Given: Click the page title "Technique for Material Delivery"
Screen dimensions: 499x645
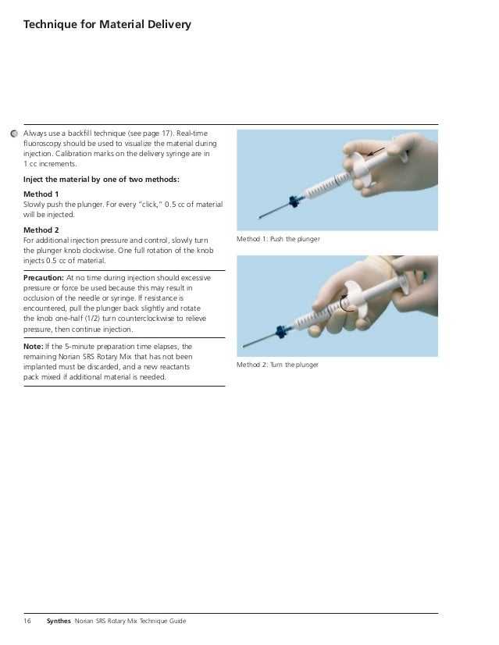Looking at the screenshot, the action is (107, 25).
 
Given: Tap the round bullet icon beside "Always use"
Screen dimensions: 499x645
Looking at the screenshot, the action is (14, 134).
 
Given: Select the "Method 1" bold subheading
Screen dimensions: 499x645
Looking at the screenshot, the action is (41, 194).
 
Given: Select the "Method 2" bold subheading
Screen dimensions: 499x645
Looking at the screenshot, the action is (41, 230).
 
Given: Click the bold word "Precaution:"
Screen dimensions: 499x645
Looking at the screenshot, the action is (44, 278).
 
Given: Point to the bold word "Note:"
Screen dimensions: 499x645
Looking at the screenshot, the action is (34, 347).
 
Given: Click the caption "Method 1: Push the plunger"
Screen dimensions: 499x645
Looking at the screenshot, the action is (278, 239).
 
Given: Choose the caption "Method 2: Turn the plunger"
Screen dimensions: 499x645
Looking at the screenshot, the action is (278, 365).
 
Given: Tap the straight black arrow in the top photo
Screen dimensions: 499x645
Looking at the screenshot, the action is (376, 151).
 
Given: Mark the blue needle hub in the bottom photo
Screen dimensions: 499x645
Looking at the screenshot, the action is (282, 331).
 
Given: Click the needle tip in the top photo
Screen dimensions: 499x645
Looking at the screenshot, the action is (259, 217).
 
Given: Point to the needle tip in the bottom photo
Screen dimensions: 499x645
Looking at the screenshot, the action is (244, 347).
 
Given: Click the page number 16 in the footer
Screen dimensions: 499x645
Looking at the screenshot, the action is (27, 621).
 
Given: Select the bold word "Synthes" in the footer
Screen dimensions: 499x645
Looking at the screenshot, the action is (59, 621).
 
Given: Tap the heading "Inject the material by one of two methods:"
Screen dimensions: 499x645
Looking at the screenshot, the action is (102, 180).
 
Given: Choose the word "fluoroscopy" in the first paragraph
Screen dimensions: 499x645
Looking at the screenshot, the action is (42, 144).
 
